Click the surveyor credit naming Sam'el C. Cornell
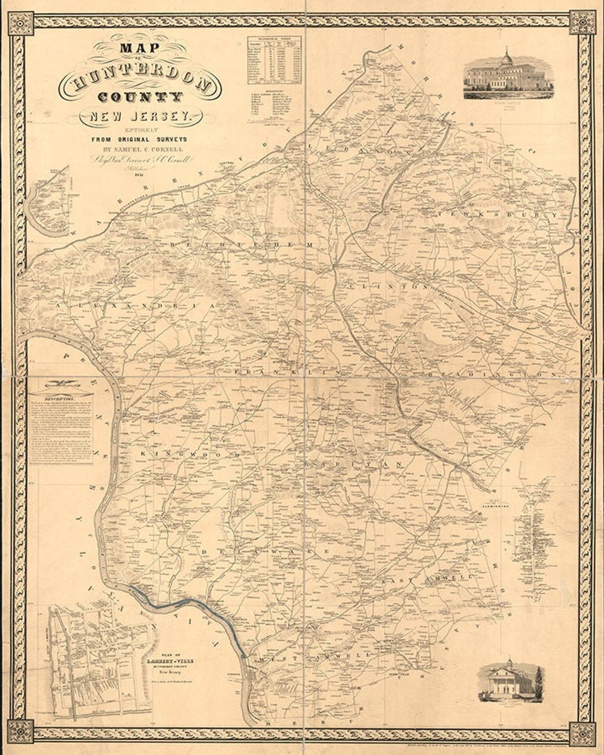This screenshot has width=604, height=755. pos(139,149)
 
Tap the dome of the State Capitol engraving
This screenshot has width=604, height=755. pos(507,58)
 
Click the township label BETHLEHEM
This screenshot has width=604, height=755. pos(240,246)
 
